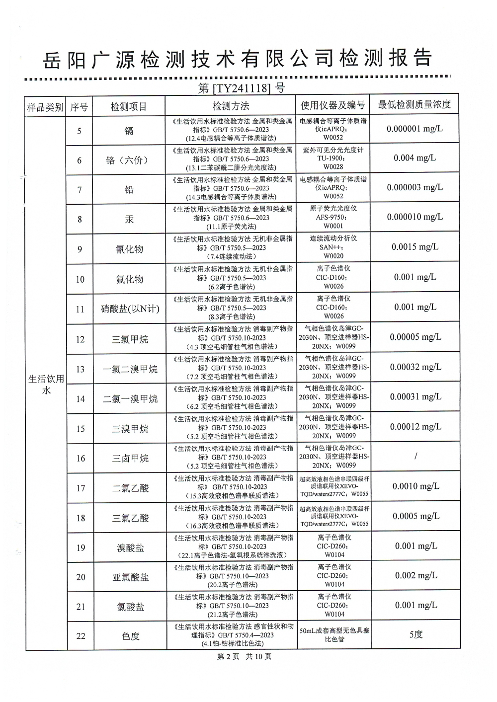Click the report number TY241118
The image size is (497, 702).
click(x=241, y=88)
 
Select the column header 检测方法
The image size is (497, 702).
click(x=231, y=106)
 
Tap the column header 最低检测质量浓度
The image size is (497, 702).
click(x=414, y=104)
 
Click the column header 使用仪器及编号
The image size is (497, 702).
click(x=333, y=105)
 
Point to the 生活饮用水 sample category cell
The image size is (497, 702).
click(x=46, y=385)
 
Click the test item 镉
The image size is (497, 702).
click(x=129, y=131)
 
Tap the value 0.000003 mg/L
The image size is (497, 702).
click(x=414, y=187)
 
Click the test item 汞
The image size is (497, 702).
click(x=129, y=219)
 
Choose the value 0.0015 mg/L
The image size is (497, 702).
click(x=414, y=247)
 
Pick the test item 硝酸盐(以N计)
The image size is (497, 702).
click(x=130, y=309)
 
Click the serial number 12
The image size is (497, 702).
click(x=81, y=340)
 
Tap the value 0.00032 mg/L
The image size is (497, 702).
click(x=415, y=367)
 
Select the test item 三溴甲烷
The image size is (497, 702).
click(x=130, y=429)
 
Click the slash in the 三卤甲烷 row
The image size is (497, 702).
click(x=415, y=456)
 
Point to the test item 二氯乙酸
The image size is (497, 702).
click(x=130, y=488)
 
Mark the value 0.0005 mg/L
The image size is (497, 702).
click(x=415, y=516)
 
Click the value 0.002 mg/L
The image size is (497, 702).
click(x=416, y=575)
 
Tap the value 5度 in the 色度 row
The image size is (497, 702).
click(x=415, y=634)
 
